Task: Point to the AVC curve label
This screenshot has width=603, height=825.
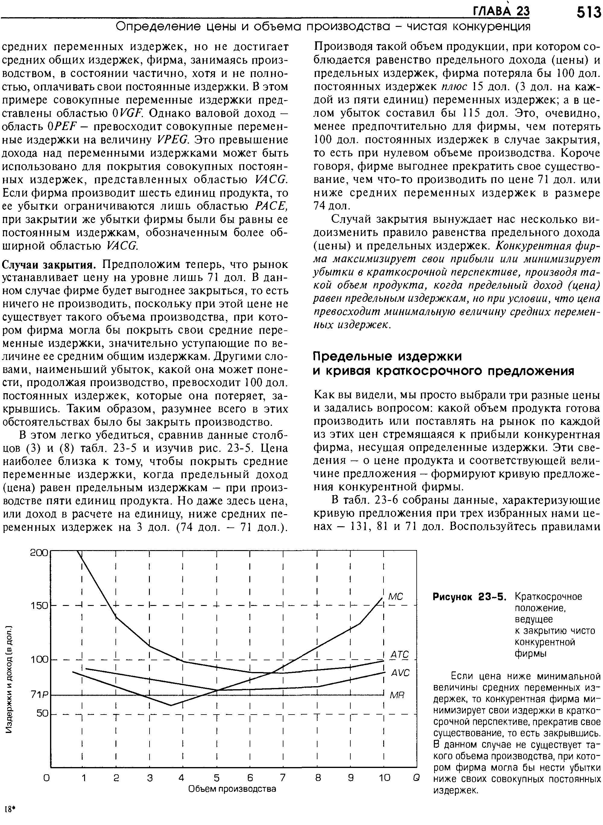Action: click(x=400, y=673)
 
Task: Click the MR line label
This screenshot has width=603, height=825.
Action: click(x=398, y=695)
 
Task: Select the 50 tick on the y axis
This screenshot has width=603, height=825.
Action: click(x=42, y=713)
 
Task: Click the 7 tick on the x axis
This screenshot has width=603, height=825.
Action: click(x=283, y=778)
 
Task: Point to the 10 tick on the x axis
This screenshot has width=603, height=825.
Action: click(x=384, y=778)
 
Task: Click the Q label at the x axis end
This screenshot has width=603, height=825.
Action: click(x=415, y=778)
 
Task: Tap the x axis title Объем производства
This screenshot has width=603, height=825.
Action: click(x=232, y=789)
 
